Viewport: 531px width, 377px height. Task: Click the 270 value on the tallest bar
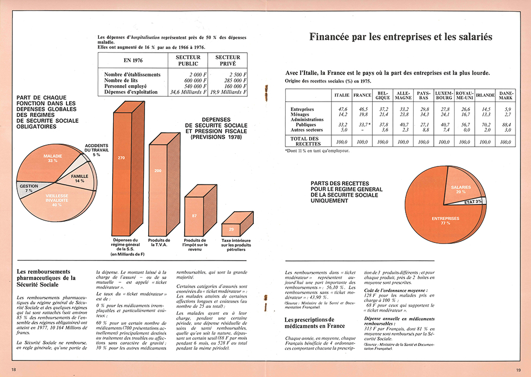click(x=121, y=158)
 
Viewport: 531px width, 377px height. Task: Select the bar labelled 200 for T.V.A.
click(x=158, y=171)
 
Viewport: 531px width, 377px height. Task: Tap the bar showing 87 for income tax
click(x=195, y=215)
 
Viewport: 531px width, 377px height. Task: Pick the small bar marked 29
click(x=232, y=229)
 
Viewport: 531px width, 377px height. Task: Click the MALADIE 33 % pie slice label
click(x=53, y=158)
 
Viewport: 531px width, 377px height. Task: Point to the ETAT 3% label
click(x=473, y=202)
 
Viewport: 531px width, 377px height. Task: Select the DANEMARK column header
click(x=506, y=95)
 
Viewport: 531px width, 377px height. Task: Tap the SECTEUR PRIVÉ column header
click(x=228, y=60)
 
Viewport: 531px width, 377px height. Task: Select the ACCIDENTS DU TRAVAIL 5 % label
click(x=96, y=150)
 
